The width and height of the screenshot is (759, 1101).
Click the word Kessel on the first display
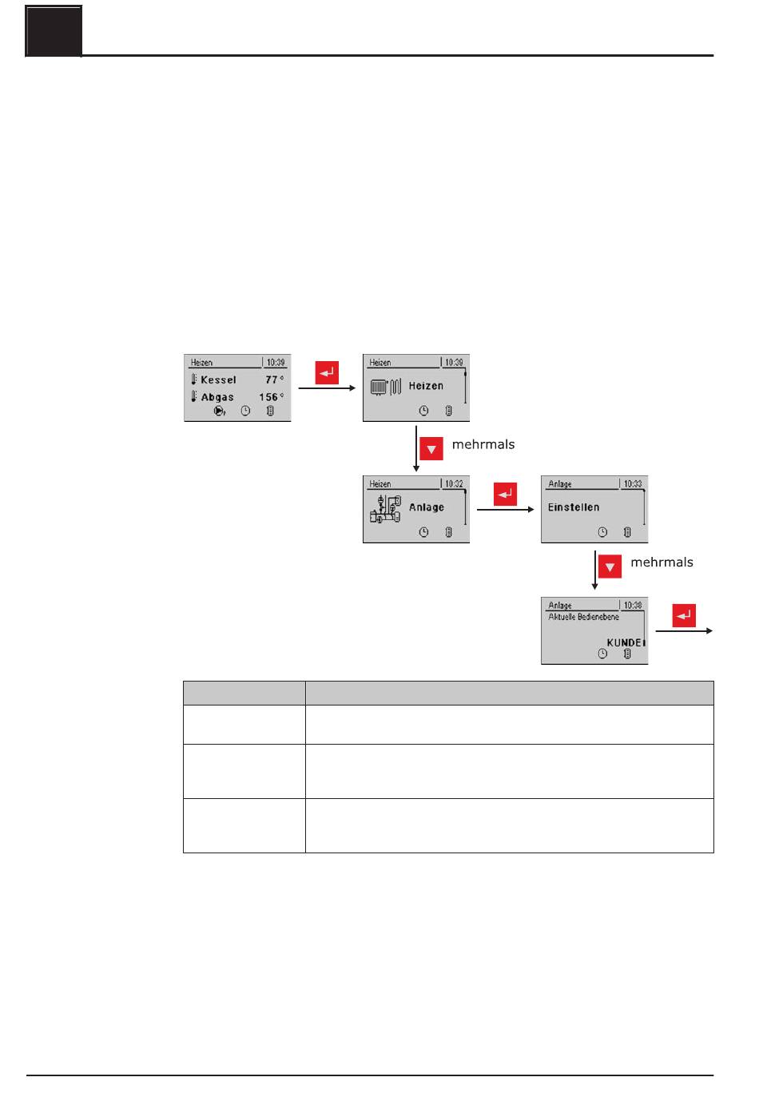tap(218, 380)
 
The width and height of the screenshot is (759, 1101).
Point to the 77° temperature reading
tap(274, 380)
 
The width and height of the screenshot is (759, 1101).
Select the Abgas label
tap(217, 397)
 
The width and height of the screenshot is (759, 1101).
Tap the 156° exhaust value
tap(271, 397)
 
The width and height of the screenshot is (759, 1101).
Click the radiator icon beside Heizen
tap(385, 388)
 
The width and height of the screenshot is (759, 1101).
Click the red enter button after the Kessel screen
tap(327, 372)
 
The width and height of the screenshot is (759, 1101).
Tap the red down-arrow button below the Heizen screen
tap(431, 448)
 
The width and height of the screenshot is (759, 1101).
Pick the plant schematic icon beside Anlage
tap(385, 509)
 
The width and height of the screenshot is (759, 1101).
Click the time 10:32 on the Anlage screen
tap(454, 484)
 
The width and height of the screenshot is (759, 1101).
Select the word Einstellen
tap(574, 507)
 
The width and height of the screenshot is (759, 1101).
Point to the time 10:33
tap(633, 484)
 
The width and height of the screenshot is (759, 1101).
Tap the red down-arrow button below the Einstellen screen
tap(610, 566)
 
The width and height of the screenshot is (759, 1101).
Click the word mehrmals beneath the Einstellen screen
tap(662, 562)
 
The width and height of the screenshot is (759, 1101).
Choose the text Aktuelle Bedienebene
tap(583, 617)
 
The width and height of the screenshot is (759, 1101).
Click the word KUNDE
tap(625, 642)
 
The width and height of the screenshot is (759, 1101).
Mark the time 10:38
tap(633, 606)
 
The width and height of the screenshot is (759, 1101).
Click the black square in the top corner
tap(54, 31)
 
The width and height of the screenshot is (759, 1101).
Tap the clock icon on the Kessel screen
tap(245, 411)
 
